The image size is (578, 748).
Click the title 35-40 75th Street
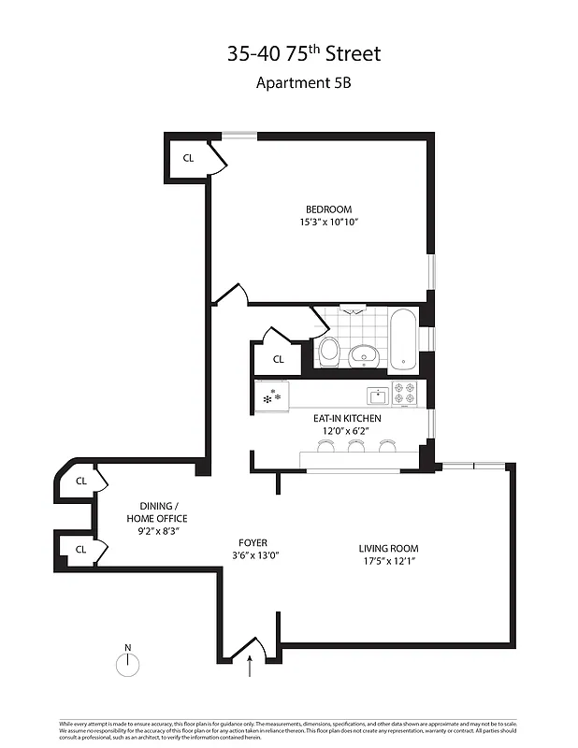click(x=304, y=53)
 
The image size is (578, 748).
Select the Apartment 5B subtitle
click(x=304, y=82)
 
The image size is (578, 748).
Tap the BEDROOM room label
click(x=328, y=209)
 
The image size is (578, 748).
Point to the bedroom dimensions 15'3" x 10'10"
click(x=329, y=223)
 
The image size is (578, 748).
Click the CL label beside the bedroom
click(x=188, y=158)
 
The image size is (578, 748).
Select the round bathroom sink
click(x=363, y=354)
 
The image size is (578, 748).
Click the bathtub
click(x=403, y=338)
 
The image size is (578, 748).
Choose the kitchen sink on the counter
click(x=377, y=394)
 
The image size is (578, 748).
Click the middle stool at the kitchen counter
click(x=355, y=448)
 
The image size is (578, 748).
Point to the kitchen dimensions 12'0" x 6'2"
click(x=341, y=431)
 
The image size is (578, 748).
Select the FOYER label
click(x=253, y=542)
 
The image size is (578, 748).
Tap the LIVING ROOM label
click(x=388, y=549)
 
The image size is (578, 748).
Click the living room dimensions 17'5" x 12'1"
click(x=388, y=562)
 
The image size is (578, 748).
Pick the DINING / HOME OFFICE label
click(x=157, y=511)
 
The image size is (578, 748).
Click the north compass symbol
click(x=127, y=663)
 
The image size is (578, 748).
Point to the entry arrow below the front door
click(x=250, y=665)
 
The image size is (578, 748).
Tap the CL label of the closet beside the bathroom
click(x=278, y=359)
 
